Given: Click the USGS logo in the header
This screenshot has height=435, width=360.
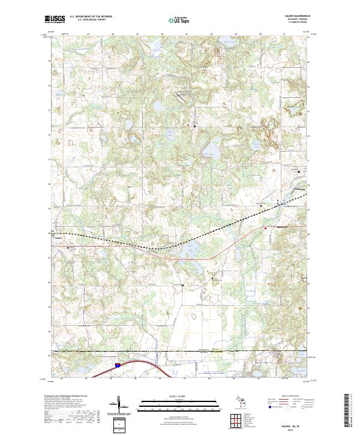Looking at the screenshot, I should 55,19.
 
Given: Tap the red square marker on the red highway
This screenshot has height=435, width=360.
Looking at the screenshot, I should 265,227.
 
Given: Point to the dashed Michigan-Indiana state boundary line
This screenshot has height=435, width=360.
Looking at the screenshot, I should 180,350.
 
